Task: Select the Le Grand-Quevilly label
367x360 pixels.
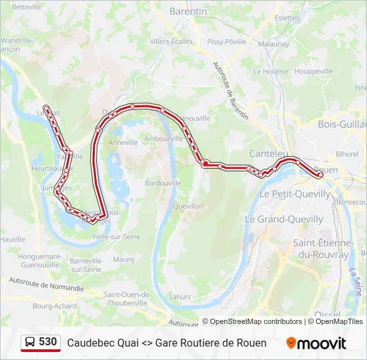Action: (284, 219)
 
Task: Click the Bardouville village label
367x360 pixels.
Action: (163, 183)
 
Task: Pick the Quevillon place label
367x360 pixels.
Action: (188, 206)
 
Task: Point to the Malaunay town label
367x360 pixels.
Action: (274, 44)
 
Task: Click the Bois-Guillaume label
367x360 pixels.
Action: (342, 124)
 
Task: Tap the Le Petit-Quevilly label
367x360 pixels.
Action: (294, 194)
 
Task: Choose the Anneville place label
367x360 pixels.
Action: (123, 142)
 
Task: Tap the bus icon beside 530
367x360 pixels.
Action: (30, 343)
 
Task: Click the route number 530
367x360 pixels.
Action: (47, 342)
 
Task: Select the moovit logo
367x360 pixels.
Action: (316, 343)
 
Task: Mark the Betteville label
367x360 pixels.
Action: (27, 6)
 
